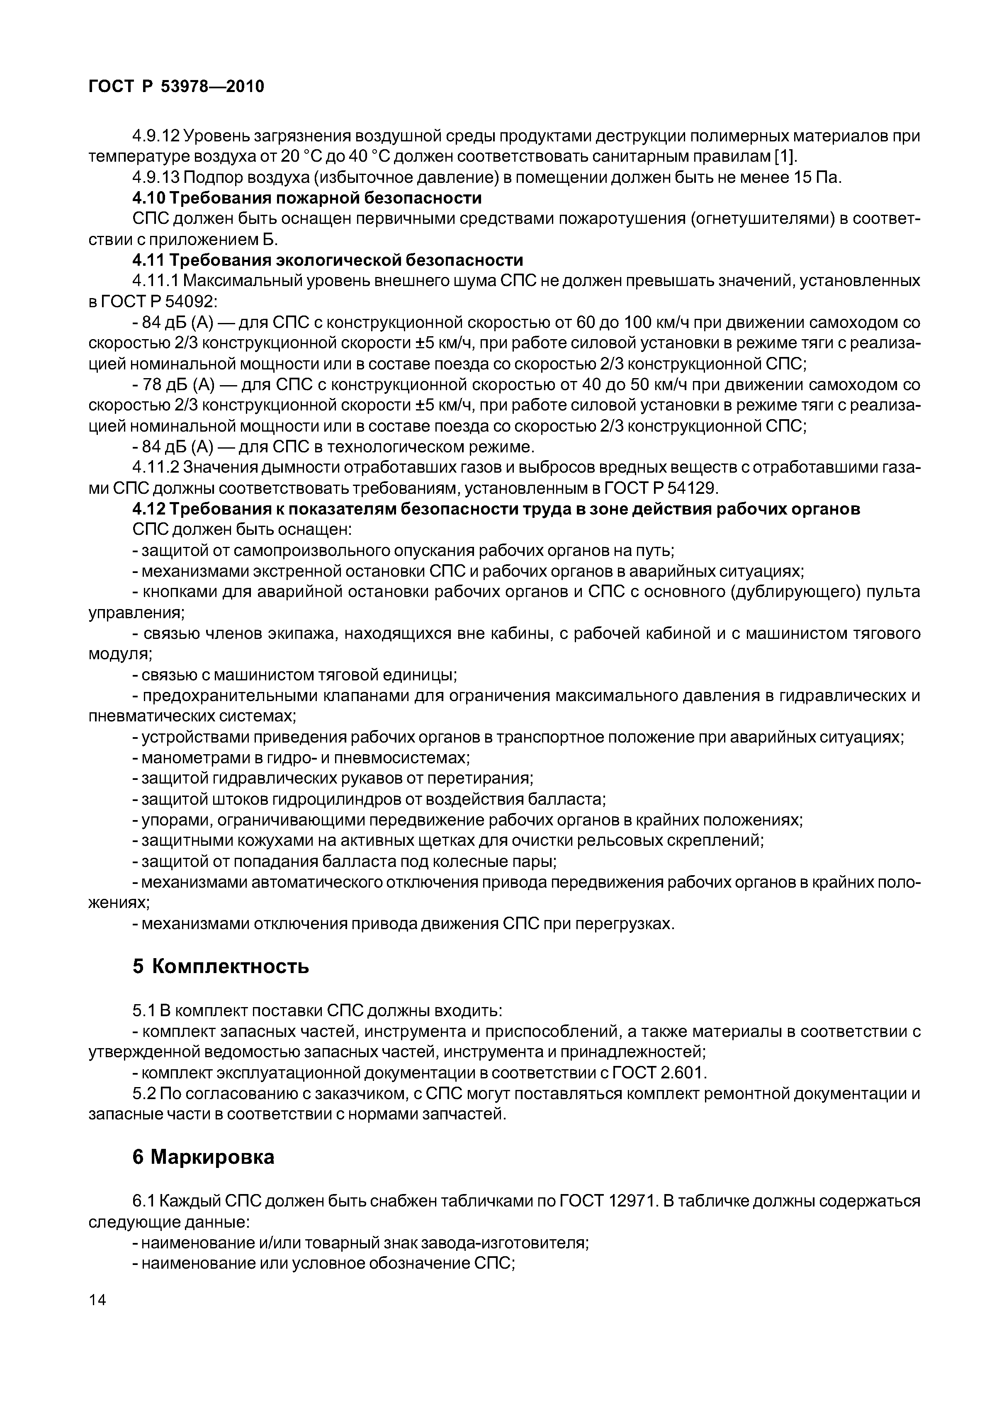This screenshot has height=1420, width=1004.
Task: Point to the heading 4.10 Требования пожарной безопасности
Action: point(307,198)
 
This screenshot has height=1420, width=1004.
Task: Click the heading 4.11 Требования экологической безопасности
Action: point(328,260)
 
